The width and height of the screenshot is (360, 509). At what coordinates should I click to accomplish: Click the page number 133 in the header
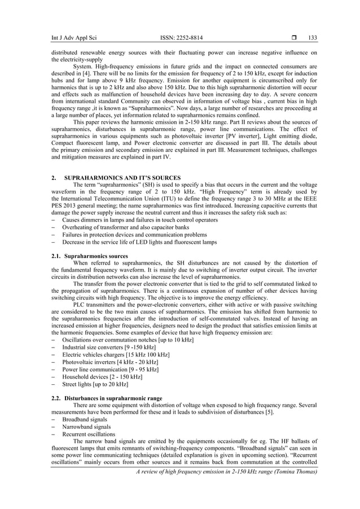tap(313, 38)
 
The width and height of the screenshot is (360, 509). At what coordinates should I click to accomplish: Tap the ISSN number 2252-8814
tap(181, 38)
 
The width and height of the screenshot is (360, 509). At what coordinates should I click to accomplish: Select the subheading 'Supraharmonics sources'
tap(96, 256)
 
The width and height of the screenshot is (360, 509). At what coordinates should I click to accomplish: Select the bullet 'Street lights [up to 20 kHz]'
tap(95, 384)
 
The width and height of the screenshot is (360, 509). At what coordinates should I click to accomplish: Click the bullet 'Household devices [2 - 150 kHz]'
tap(102, 376)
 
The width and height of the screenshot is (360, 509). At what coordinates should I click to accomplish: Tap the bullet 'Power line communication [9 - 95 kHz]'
tap(110, 369)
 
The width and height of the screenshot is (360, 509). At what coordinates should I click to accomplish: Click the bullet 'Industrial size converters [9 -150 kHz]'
tap(109, 347)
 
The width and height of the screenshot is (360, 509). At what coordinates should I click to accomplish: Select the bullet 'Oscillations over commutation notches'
tap(128, 340)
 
